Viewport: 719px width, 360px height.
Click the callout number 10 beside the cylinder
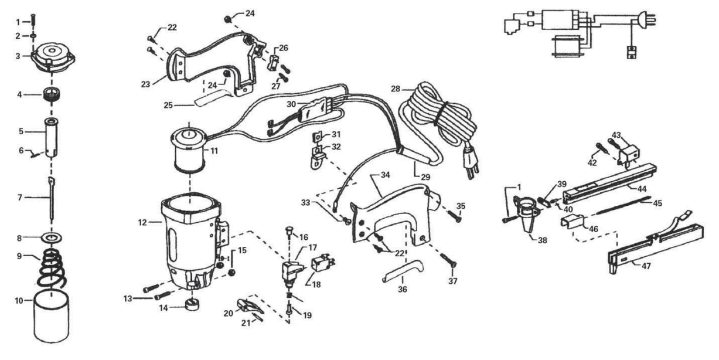(x=19, y=301)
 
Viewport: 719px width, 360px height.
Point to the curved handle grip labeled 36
(x=400, y=273)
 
